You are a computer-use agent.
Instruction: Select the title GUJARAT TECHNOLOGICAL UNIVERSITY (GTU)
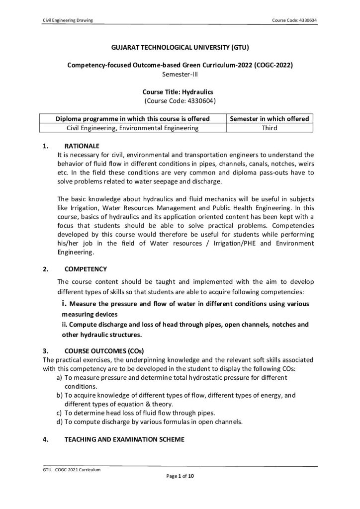[x=180, y=48]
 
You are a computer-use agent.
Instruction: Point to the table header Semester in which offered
[x=269, y=119]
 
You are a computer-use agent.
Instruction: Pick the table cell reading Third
[x=269, y=128]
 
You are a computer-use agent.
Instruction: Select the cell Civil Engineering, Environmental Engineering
[x=132, y=128]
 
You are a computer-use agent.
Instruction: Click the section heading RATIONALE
[x=82, y=146]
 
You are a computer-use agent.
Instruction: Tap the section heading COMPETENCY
[x=86, y=269]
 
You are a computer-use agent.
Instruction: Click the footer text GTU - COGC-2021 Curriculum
[x=72, y=469]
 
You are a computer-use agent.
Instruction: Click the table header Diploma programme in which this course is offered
[x=132, y=119]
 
